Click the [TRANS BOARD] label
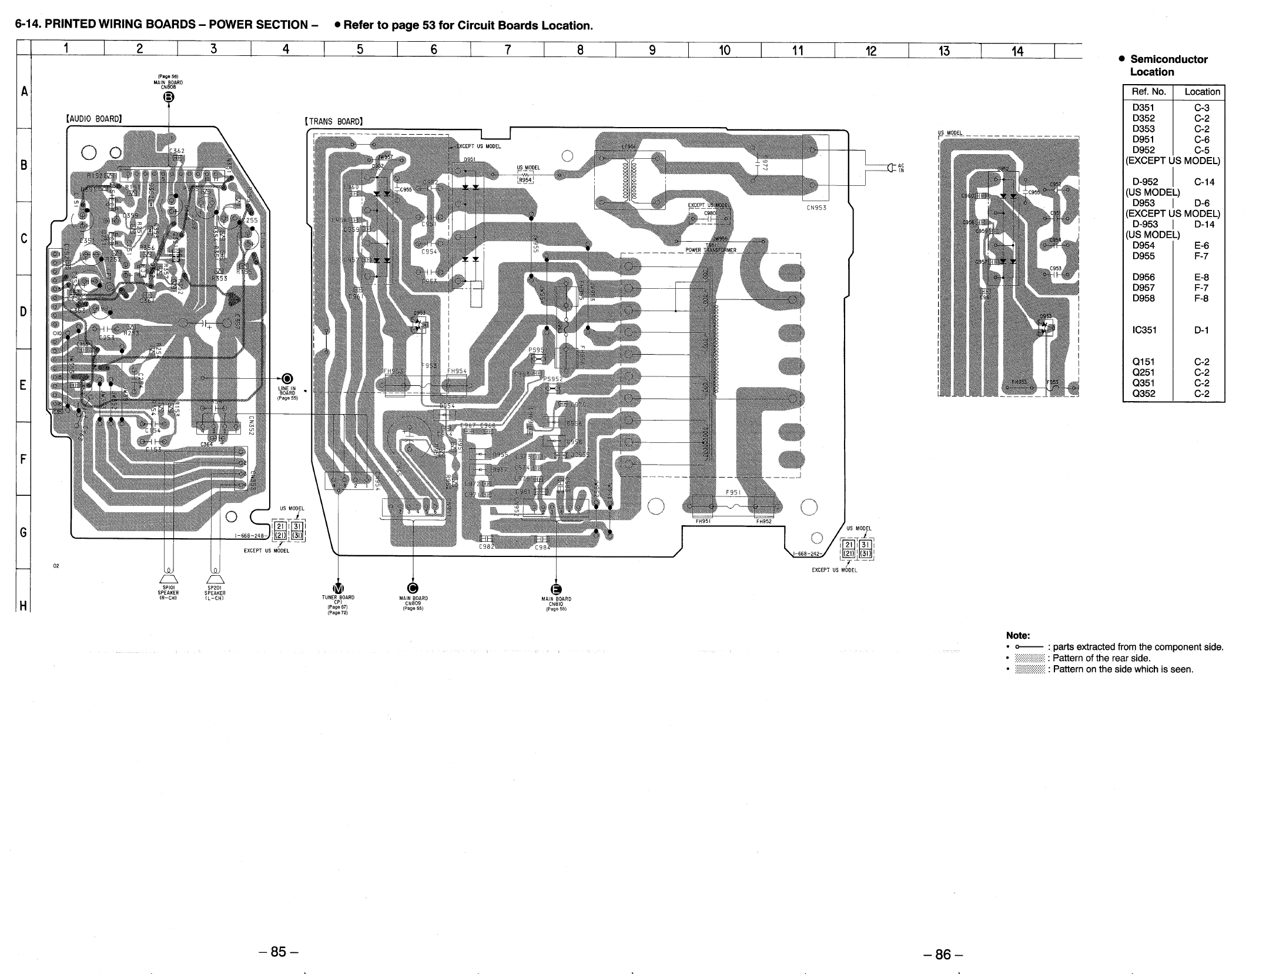[x=334, y=122]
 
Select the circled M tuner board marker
[x=338, y=589]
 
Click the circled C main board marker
[x=413, y=589]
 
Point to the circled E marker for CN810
[x=556, y=590]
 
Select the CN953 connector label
[x=816, y=207]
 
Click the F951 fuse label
[x=733, y=493]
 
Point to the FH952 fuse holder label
[x=763, y=521]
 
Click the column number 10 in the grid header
[x=724, y=51]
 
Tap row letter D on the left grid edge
[x=24, y=311]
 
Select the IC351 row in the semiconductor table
[x=1144, y=330]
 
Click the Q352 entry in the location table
[x=1143, y=393]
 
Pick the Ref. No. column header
[x=1148, y=92]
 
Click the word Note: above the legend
[x=1018, y=635]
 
